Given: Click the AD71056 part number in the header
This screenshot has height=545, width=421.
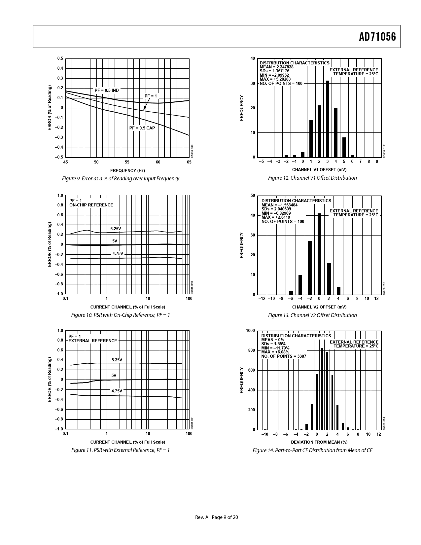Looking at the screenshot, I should click(377, 37).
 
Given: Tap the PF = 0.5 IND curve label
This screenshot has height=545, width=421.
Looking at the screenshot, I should click(106, 90).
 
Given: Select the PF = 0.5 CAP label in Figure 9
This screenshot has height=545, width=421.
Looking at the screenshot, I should click(142, 128).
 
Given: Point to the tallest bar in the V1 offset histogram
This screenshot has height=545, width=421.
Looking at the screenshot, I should click(328, 119).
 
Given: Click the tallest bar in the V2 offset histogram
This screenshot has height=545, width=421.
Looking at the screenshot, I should click(319, 254).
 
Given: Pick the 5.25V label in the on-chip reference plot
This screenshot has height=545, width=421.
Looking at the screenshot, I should click(116, 229).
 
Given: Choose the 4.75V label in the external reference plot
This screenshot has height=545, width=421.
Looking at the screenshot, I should click(117, 391).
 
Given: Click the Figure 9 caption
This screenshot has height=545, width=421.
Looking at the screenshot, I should click(121, 179).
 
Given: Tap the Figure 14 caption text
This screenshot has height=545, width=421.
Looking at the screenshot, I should click(312, 450).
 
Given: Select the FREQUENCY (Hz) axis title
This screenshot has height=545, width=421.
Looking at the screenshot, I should click(127, 170).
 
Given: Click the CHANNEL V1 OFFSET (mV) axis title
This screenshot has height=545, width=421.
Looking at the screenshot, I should click(319, 170).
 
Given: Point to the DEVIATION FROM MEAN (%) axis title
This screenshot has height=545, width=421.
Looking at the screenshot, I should click(319, 442).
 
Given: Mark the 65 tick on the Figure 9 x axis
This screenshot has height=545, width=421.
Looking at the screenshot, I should click(189, 162).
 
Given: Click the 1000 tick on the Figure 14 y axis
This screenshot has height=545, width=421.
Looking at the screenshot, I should click(250, 331).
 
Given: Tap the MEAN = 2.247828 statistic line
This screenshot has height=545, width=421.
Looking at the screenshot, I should click(276, 67).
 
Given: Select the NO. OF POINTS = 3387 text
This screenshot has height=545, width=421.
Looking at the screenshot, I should click(284, 356).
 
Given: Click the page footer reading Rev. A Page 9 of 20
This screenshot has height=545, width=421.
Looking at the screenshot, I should click(217, 517).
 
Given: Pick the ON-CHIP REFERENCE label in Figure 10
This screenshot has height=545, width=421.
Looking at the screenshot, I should click(91, 205).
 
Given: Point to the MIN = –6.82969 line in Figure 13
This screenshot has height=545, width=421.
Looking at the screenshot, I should click(276, 213).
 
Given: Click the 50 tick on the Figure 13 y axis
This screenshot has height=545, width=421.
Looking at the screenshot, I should click(253, 196).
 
